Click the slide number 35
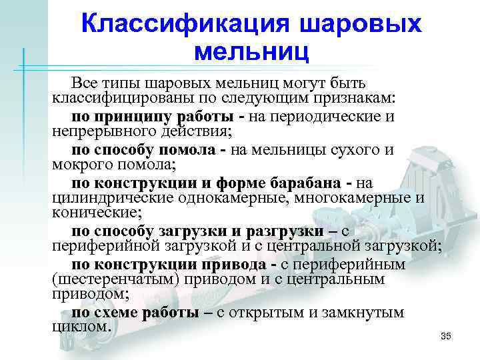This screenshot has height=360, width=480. pyautogui.click(x=446, y=335)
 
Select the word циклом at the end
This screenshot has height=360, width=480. pyautogui.click(x=79, y=327)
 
